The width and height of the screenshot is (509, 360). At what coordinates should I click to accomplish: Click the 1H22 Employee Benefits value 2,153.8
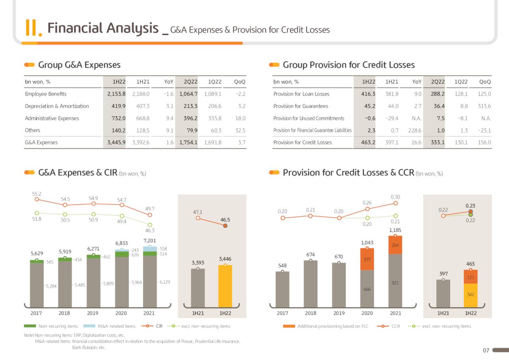(x=117, y=94)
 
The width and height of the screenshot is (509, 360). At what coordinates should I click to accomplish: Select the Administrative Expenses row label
(x=52, y=118)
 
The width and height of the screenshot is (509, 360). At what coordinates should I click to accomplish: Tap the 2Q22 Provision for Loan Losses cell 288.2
(x=437, y=94)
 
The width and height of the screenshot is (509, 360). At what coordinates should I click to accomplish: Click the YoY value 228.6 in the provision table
(x=415, y=130)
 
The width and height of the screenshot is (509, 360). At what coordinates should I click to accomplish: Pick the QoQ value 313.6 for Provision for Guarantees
(x=485, y=106)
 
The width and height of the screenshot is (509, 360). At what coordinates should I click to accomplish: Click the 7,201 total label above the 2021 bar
(x=150, y=241)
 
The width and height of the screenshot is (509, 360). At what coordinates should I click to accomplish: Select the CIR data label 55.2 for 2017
(x=37, y=194)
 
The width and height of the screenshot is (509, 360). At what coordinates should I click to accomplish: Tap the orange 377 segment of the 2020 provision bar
(x=367, y=259)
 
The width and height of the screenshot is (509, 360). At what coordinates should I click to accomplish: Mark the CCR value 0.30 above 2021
(x=395, y=197)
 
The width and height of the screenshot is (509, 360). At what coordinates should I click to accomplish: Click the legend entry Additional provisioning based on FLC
(x=332, y=326)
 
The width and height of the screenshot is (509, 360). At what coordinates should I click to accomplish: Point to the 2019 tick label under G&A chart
(x=93, y=313)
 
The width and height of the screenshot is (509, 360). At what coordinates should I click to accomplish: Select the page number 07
(x=486, y=350)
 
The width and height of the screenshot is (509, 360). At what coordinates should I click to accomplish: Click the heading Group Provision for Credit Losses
(x=348, y=65)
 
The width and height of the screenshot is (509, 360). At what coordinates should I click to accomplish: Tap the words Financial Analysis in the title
(x=103, y=29)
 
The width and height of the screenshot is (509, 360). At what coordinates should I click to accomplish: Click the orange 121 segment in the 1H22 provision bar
(x=470, y=277)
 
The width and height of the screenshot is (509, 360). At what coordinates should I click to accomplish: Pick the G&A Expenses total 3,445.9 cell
(x=117, y=142)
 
